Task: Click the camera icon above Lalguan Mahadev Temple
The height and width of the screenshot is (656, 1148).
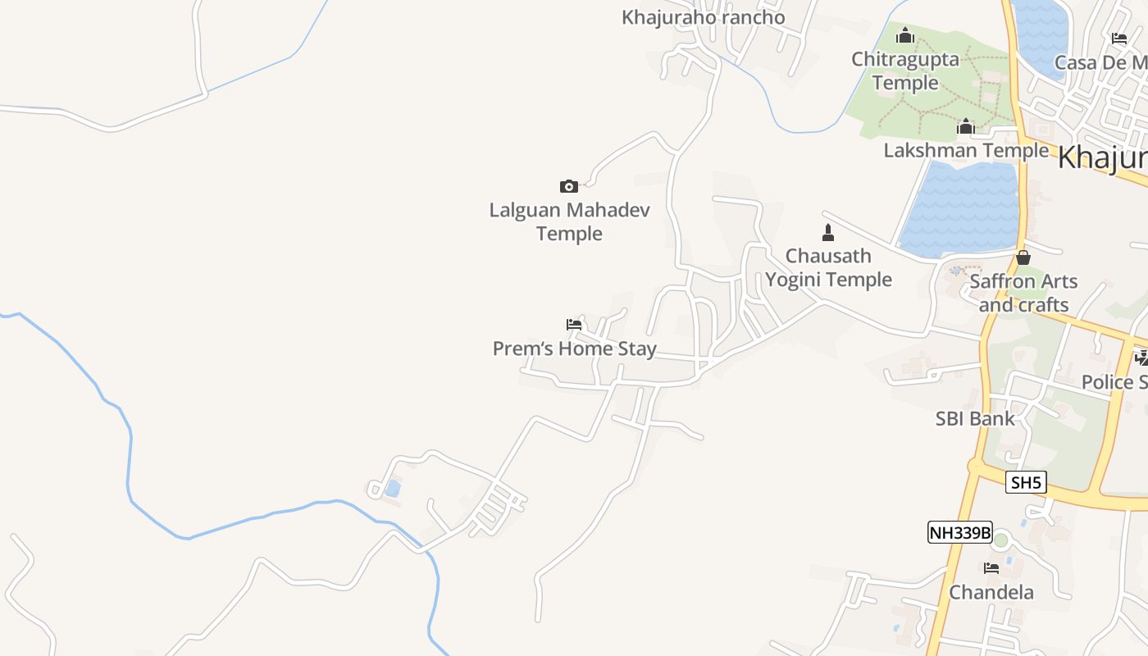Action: (x=568, y=186)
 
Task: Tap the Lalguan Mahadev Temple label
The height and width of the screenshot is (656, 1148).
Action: (x=569, y=221)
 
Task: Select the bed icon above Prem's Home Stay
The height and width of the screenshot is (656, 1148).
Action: (x=574, y=325)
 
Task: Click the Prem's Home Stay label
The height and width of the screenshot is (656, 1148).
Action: (x=574, y=348)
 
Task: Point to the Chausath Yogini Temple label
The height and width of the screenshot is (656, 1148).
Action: (x=828, y=267)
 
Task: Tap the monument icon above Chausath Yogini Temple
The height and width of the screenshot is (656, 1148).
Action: (x=828, y=233)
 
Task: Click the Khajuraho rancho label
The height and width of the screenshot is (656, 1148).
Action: (x=703, y=17)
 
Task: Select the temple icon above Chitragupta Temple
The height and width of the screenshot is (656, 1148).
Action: (x=905, y=35)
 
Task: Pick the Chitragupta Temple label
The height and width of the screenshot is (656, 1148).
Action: (x=905, y=71)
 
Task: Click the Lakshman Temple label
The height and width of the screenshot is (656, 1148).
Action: (x=966, y=151)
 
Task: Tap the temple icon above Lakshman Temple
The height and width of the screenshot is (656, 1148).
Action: (x=966, y=126)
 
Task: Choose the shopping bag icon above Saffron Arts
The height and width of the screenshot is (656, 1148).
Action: (x=1023, y=257)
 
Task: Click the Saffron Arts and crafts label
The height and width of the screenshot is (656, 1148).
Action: (x=1023, y=293)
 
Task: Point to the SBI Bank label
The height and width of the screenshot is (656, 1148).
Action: (x=975, y=418)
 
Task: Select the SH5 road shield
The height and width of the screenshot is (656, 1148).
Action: (x=1026, y=483)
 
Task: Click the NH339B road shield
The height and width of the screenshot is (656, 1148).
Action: (x=959, y=533)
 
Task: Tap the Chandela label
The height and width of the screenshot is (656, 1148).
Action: (x=991, y=592)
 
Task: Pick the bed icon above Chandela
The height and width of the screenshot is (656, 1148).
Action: (x=991, y=567)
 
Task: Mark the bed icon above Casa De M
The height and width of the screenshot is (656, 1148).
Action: (x=1119, y=38)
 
